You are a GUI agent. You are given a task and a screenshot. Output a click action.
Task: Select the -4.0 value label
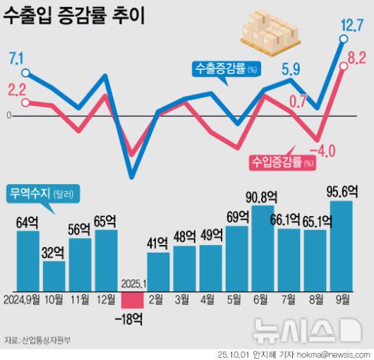pyautogui.click(x=326, y=150)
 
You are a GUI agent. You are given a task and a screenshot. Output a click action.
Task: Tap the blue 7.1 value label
pyautogui.click(x=16, y=57)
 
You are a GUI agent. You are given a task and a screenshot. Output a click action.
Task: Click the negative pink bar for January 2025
pyautogui.click(x=132, y=300)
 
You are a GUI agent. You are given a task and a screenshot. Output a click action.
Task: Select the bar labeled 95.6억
pyautogui.click(x=341, y=245)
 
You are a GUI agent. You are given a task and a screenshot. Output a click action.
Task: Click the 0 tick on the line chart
pyautogui.click(x=8, y=115)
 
